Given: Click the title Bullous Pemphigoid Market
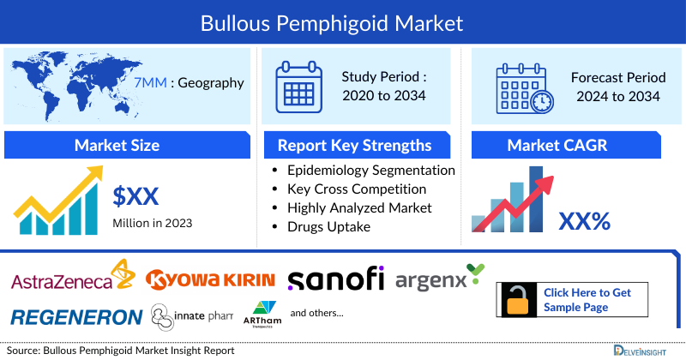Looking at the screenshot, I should click(x=343, y=22).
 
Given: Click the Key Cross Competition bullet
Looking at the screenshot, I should click(x=357, y=189).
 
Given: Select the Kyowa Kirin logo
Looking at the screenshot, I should click(x=210, y=279).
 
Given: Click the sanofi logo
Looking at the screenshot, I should click(x=335, y=279).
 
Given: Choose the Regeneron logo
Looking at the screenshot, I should click(x=77, y=316).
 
